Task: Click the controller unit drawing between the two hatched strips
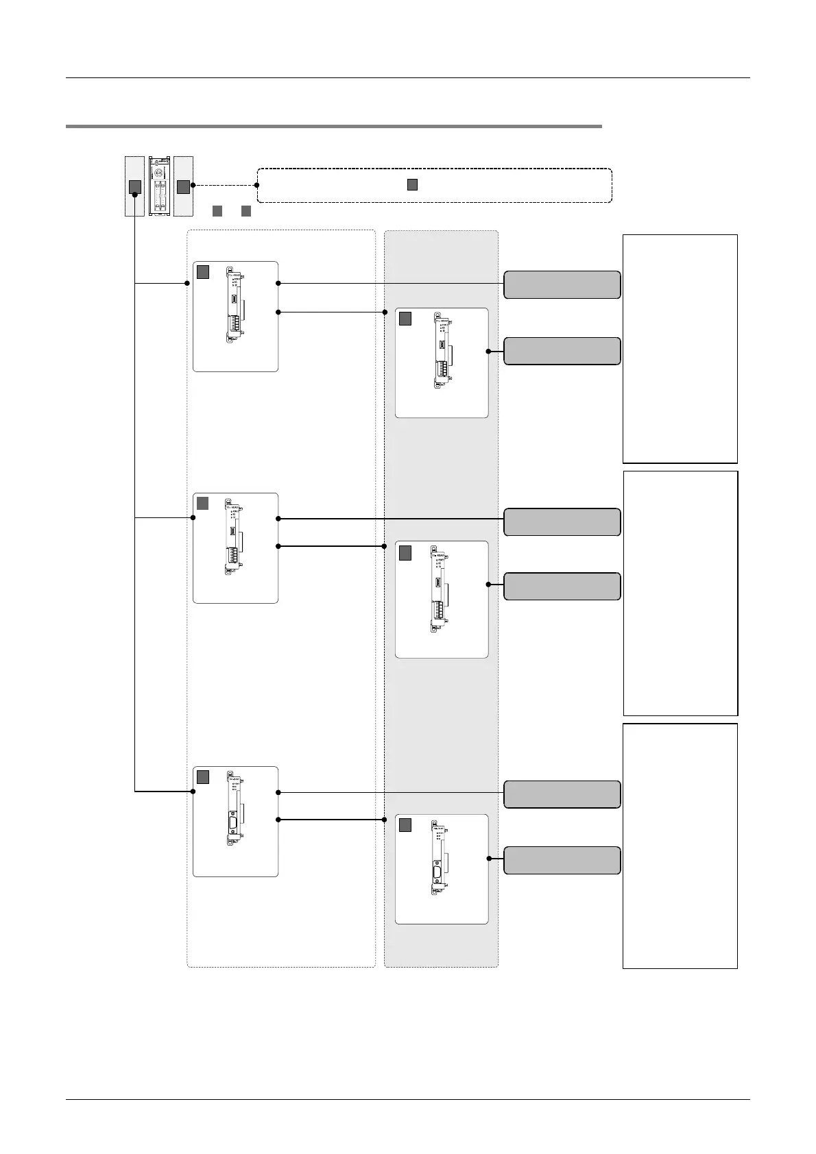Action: pyautogui.click(x=159, y=186)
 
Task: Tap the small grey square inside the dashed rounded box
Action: pyautogui.click(x=412, y=184)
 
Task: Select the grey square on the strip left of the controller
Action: pyautogui.click(x=135, y=186)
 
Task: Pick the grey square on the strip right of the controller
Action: pyautogui.click(x=183, y=186)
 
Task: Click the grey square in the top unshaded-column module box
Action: pyautogui.click(x=203, y=272)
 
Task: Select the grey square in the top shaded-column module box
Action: pyautogui.click(x=405, y=318)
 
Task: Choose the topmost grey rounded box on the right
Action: pyautogui.click(x=562, y=284)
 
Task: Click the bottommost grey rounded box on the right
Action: pyautogui.click(x=562, y=860)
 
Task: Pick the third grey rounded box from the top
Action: pyautogui.click(x=562, y=521)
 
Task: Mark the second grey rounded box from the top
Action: pyautogui.click(x=562, y=351)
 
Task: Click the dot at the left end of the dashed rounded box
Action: pyautogui.click(x=256, y=185)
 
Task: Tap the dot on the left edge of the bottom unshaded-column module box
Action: pyautogui.click(x=193, y=791)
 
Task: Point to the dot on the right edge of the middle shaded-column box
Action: pyautogui.click(x=488, y=585)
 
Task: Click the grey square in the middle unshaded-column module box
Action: pyautogui.click(x=203, y=503)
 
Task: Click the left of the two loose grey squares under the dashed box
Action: pyautogui.click(x=217, y=210)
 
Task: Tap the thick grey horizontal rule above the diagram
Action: pyautogui.click(x=333, y=126)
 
